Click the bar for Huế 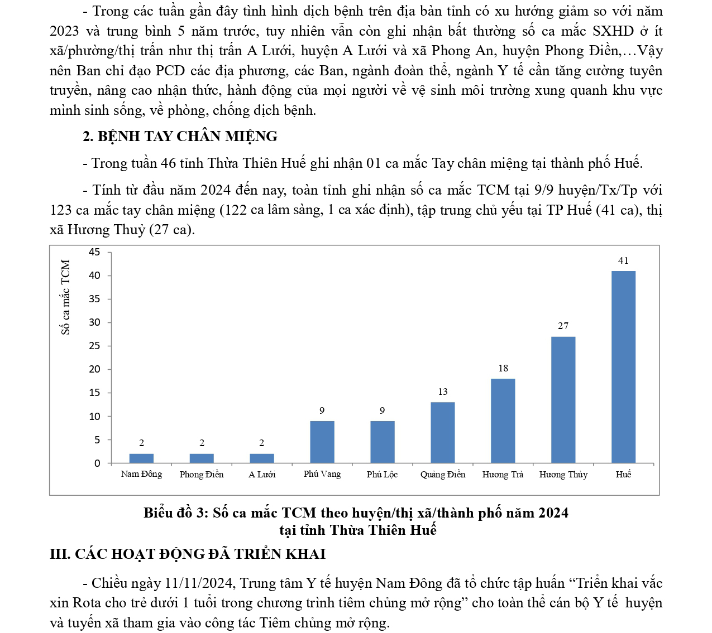623,366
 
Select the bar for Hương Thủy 563,399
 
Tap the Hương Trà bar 503,421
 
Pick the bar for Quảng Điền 442,432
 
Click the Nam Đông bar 141,458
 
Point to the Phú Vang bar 322,442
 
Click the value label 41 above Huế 623,260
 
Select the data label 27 563,326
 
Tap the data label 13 442,392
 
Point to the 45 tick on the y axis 94,252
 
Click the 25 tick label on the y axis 94,346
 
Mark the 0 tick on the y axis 97,463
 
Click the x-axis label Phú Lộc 382,474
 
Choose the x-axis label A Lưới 262,474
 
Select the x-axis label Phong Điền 202,474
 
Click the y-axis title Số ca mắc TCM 66,297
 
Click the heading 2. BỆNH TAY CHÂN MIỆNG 180,136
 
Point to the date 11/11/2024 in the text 199,583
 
